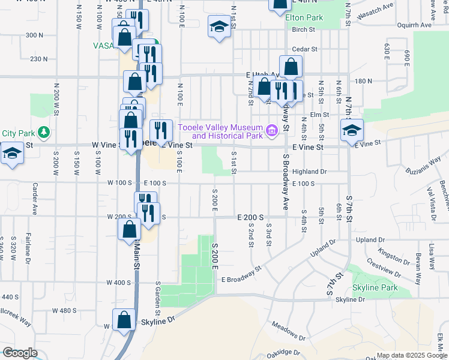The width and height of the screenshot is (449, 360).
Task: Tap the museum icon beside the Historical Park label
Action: [271, 130]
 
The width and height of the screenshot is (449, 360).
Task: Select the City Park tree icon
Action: [43, 131]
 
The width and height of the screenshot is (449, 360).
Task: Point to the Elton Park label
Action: [304, 18]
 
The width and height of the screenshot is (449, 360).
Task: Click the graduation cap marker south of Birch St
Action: [219, 26]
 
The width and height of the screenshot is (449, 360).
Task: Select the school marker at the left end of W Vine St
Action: [11, 152]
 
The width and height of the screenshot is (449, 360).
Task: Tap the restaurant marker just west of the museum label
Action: [160, 130]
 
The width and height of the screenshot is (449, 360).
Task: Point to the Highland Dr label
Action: [309, 172]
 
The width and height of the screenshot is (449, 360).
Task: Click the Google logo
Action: [20, 352]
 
